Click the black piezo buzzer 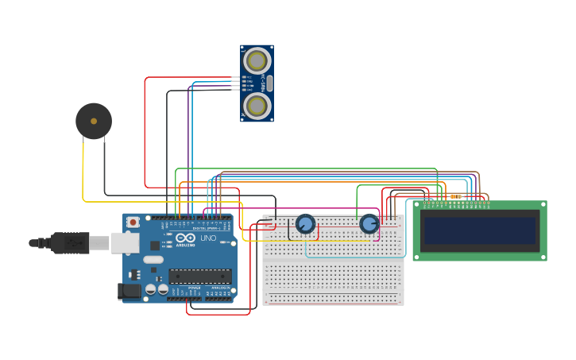pos(94,121)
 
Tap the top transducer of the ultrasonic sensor pos(257,60)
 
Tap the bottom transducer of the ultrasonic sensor pos(257,105)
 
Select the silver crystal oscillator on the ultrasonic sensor pos(270,83)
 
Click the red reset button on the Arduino pos(133,222)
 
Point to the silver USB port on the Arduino pos(125,242)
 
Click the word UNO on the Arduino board pos(208,238)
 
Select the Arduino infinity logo pos(185,238)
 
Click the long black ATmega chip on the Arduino pos(200,276)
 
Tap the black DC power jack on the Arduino pos(129,292)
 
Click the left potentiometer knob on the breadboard pos(305,223)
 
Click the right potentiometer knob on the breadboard pos(369,223)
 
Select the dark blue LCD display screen pos(480,230)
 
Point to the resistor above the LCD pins pos(455,196)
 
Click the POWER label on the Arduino pos(184,288)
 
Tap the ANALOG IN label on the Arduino pos(218,288)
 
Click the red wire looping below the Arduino pos(218,314)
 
